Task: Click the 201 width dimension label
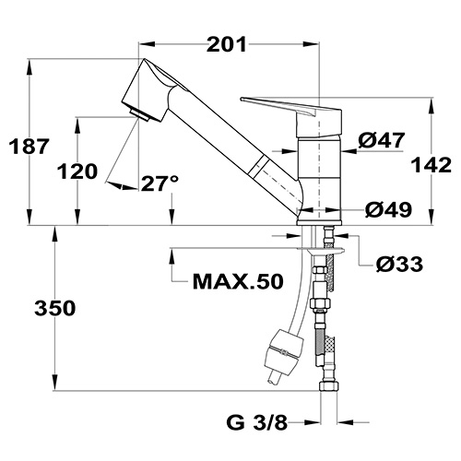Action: pyautogui.click(x=227, y=44)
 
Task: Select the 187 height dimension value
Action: pyautogui.click(x=30, y=146)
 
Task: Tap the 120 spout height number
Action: pyautogui.click(x=77, y=171)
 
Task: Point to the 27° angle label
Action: pyautogui.click(x=160, y=183)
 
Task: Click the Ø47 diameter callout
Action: pyautogui.click(x=382, y=140)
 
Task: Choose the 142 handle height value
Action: pyautogui.click(x=431, y=165)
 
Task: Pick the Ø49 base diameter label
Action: pyautogui.click(x=389, y=210)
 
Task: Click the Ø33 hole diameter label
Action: pyautogui.click(x=399, y=264)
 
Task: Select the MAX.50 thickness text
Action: pyautogui.click(x=238, y=281)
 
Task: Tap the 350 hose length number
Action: pyautogui.click(x=55, y=308)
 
